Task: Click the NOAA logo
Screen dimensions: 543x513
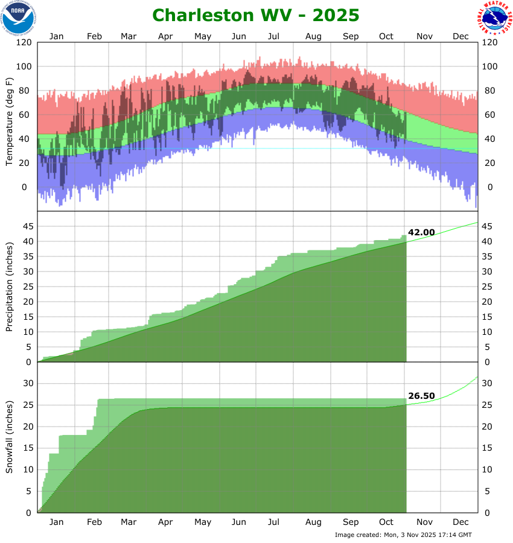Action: (x=18, y=17)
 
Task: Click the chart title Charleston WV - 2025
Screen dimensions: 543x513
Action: (x=255, y=14)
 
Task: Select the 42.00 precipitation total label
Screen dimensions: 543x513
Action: (x=421, y=232)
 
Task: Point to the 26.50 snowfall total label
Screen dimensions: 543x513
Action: (x=421, y=396)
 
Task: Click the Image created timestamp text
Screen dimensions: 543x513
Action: (x=403, y=535)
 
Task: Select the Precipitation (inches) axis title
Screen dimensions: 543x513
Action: (x=9, y=287)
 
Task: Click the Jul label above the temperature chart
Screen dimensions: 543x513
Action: (x=275, y=36)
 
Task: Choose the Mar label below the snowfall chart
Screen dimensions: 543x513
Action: (x=129, y=522)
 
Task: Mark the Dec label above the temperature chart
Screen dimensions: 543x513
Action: (x=460, y=36)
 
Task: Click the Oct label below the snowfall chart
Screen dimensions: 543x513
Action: (x=386, y=522)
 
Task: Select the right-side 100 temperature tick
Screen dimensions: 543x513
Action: (x=489, y=66)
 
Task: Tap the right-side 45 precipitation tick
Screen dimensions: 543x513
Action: (x=487, y=226)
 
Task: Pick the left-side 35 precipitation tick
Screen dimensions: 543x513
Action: (x=27, y=256)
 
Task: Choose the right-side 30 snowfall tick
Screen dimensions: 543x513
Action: (x=487, y=383)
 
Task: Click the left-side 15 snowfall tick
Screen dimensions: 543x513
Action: (x=27, y=448)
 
